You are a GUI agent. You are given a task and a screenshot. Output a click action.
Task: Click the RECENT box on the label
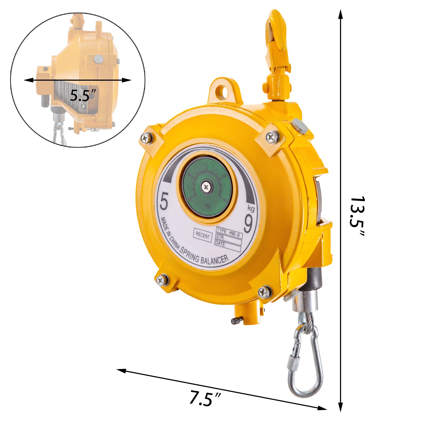(203, 235)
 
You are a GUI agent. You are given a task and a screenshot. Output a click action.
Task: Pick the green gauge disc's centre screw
(207, 187)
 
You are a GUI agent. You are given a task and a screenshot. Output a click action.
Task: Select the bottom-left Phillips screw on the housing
(162, 280)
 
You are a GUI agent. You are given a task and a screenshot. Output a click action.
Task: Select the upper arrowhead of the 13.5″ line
(340, 14)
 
